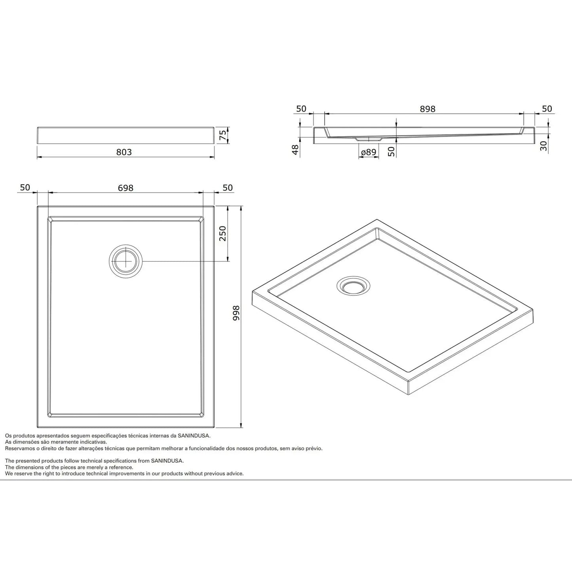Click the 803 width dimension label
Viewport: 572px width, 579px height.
click(124, 152)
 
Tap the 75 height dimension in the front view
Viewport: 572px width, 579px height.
click(223, 135)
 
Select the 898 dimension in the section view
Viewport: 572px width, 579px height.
click(428, 109)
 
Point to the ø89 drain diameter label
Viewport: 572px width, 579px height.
click(368, 152)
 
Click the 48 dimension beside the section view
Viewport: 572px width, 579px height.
click(295, 150)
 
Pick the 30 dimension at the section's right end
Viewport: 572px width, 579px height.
click(543, 146)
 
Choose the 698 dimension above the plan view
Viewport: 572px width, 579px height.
click(125, 188)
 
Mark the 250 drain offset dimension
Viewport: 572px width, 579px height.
click(222, 234)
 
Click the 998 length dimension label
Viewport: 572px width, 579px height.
click(236, 313)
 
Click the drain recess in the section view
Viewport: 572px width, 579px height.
click(369, 139)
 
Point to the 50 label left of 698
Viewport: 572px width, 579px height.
click(25, 187)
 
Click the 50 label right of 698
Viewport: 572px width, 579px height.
click(228, 188)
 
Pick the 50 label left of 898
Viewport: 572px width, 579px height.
click(301, 109)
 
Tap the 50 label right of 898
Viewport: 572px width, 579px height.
click(547, 109)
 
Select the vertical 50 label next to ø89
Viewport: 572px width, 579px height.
click(391, 151)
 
